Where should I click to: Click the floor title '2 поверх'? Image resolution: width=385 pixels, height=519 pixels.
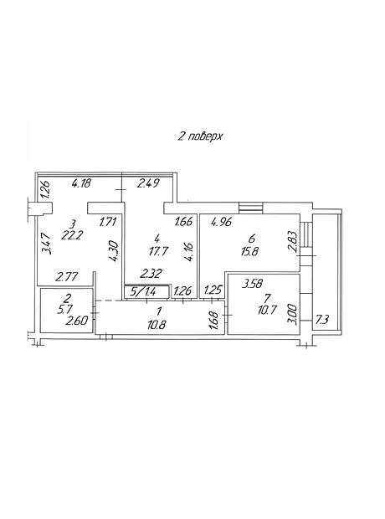[x=200, y=136]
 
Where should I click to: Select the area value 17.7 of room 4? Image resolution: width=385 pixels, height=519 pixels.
[x=159, y=251]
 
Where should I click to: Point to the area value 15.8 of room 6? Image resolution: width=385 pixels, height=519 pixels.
[x=249, y=251]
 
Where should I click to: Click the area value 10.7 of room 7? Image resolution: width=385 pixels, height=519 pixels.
[x=267, y=310]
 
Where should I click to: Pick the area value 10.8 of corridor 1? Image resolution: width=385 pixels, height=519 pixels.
[x=157, y=325]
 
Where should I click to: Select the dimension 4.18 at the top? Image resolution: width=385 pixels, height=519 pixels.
[x=81, y=182]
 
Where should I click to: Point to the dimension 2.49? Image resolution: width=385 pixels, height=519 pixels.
[x=149, y=182]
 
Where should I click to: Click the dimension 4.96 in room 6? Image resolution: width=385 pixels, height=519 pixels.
[x=222, y=222]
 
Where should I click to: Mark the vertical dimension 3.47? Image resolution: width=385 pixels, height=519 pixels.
[x=48, y=243]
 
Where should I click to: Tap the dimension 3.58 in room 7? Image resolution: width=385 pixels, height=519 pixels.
[x=252, y=284]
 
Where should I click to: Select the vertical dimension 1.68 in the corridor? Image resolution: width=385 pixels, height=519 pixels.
[x=214, y=320]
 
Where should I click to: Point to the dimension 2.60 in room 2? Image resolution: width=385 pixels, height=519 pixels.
[x=76, y=321]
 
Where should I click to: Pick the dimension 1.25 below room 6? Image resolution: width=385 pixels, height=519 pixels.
[x=213, y=290]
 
